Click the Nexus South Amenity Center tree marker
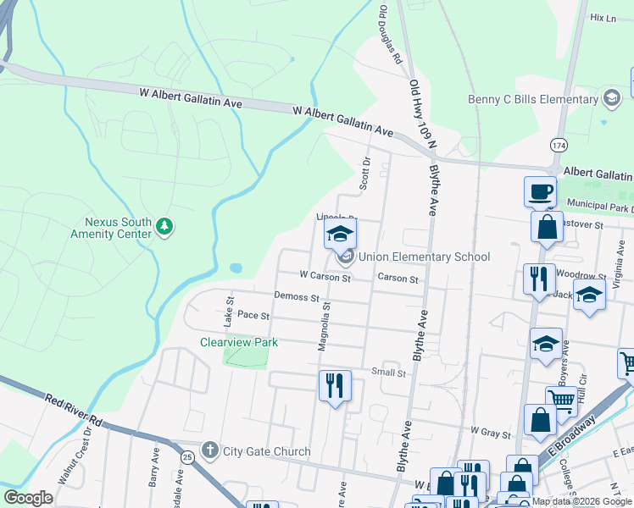point(164,226)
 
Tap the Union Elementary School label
point(424,257)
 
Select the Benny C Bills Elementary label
point(533,100)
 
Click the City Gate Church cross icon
point(209,450)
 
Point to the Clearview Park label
point(239,342)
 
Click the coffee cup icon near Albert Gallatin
point(540,191)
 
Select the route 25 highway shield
point(186,457)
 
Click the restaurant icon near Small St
point(335,386)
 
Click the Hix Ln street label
point(602,17)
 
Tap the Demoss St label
point(296,297)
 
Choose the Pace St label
point(253,315)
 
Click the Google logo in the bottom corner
point(29,498)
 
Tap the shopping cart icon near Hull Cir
point(561,400)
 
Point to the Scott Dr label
point(366,172)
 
